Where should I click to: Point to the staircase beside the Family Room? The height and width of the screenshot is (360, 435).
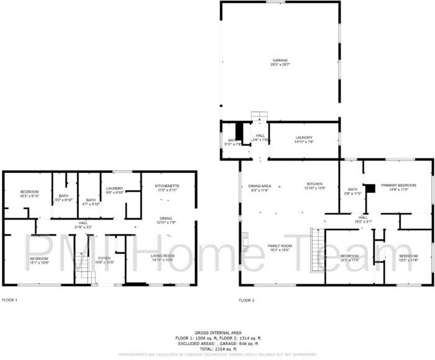(317, 241)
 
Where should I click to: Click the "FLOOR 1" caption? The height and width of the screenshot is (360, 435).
(10, 300)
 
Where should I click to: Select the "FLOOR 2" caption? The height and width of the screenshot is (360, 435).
(247, 300)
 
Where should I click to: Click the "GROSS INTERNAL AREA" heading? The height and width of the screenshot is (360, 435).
(221, 333)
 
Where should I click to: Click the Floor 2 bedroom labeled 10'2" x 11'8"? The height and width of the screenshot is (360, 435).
(408, 258)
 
